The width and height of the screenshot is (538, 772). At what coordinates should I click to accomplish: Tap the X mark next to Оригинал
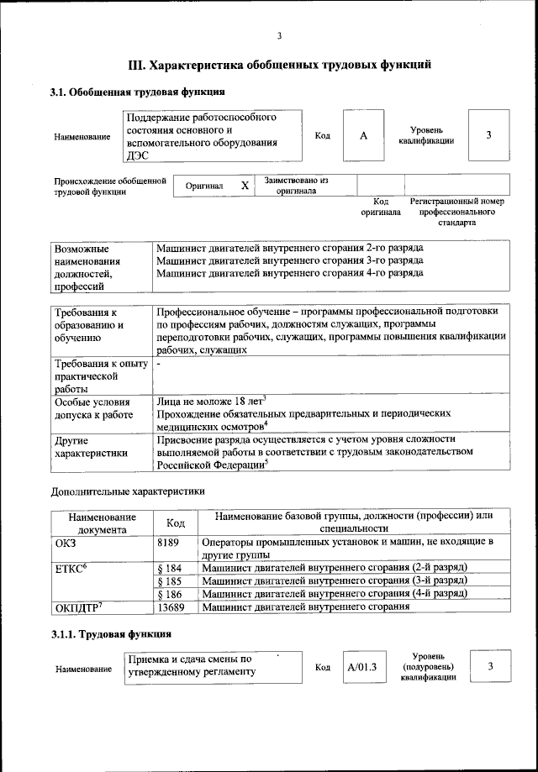[245, 186]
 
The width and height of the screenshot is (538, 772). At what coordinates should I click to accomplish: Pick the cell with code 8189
[168, 544]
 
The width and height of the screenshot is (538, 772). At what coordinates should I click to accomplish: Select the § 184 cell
[170, 568]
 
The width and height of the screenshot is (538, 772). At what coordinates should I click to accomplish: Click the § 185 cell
[170, 580]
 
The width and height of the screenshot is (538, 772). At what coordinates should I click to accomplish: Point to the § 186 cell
[170, 594]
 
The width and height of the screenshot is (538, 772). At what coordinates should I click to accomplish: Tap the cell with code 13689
[171, 607]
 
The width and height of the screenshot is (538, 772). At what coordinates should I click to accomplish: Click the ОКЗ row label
[66, 544]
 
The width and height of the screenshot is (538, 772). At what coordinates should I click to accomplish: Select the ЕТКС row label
[71, 568]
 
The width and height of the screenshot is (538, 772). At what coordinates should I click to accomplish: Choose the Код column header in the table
[176, 523]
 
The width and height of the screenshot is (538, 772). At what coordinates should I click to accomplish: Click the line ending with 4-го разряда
[290, 273]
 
